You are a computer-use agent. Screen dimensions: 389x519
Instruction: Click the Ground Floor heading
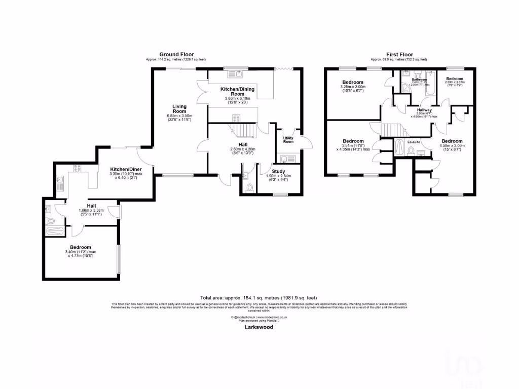point(176,54)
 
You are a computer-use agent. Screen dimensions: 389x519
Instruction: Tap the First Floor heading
point(399,54)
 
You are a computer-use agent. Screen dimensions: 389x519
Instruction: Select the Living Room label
point(179,109)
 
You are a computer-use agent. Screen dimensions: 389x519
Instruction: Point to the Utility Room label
point(288,140)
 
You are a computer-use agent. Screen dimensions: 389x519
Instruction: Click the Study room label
point(279,172)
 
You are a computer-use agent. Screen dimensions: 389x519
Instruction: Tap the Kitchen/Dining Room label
point(237,92)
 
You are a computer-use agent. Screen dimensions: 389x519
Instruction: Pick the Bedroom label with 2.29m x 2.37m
point(455,79)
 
